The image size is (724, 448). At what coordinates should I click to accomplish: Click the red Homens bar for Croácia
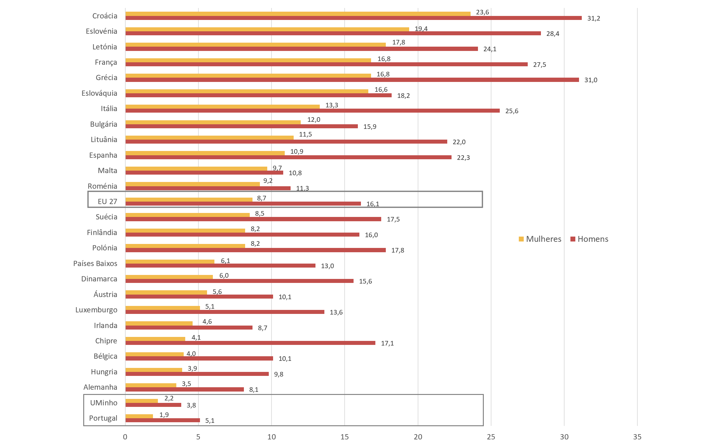point(353,18)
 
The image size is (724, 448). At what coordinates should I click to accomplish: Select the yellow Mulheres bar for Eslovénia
point(267,29)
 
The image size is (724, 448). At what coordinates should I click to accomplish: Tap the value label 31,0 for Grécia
point(590,80)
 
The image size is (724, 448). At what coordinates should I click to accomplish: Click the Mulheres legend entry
point(540,239)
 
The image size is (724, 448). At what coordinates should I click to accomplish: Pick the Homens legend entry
point(589,239)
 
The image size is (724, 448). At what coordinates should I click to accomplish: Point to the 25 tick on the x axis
point(491,437)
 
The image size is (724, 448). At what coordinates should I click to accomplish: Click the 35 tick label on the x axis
point(637,437)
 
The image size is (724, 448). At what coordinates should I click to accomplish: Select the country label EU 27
point(107,202)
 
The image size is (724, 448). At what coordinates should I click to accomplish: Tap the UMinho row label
point(104,403)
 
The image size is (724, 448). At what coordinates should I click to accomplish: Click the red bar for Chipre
point(250,343)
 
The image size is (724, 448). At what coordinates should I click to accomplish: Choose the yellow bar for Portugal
point(139,416)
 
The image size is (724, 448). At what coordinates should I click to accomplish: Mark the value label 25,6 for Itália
point(511,111)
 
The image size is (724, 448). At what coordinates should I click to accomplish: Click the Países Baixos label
point(95,263)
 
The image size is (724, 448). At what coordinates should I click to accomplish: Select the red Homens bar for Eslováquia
point(258,95)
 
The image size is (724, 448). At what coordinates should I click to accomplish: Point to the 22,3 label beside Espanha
point(463,158)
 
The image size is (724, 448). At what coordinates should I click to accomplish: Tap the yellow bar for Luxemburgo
point(162,308)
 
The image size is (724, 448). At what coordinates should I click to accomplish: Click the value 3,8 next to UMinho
point(191,405)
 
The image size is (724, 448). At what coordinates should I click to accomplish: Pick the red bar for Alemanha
point(184,389)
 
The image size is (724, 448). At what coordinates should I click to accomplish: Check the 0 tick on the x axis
point(125,437)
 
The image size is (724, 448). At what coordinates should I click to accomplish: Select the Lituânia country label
point(104,140)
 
